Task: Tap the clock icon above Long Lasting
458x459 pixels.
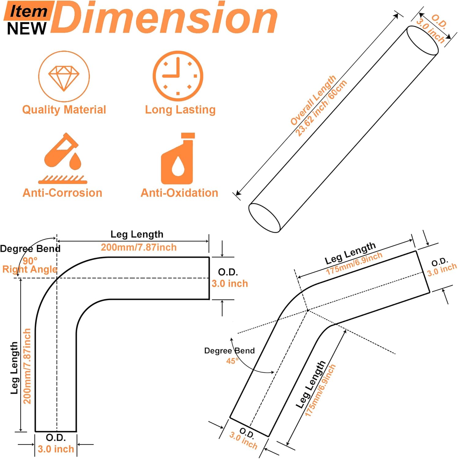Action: [178, 76]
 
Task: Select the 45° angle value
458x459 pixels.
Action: [232, 361]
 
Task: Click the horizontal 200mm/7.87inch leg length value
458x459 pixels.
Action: [139, 247]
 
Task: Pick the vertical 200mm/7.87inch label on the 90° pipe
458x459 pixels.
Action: [27, 366]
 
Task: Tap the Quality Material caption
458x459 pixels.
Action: [64, 110]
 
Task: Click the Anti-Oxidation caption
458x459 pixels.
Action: [179, 193]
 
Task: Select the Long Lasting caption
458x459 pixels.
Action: [180, 110]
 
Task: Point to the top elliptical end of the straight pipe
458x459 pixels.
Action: [422, 40]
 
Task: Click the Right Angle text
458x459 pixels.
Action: [30, 269]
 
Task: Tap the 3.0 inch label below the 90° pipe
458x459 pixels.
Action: [56, 449]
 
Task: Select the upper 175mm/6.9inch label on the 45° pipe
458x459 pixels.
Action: [354, 263]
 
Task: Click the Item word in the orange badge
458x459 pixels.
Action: [28, 12]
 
